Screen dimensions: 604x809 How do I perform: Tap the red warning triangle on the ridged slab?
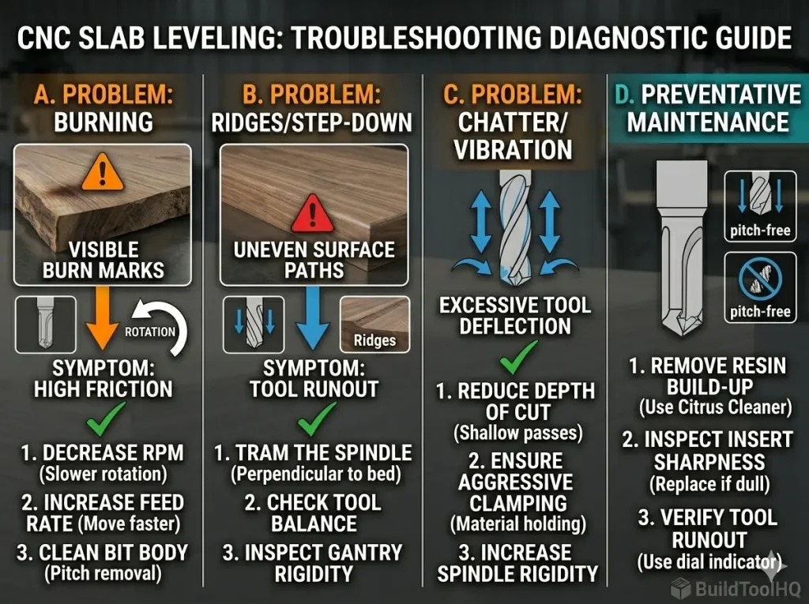[313, 211]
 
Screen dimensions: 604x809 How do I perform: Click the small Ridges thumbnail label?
[374, 341]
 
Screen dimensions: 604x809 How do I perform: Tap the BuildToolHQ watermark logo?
[735, 588]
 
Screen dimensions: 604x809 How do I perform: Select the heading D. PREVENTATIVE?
[708, 96]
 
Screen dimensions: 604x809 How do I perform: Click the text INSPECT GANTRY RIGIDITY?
[313, 563]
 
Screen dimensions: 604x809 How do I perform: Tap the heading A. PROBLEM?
[102, 96]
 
